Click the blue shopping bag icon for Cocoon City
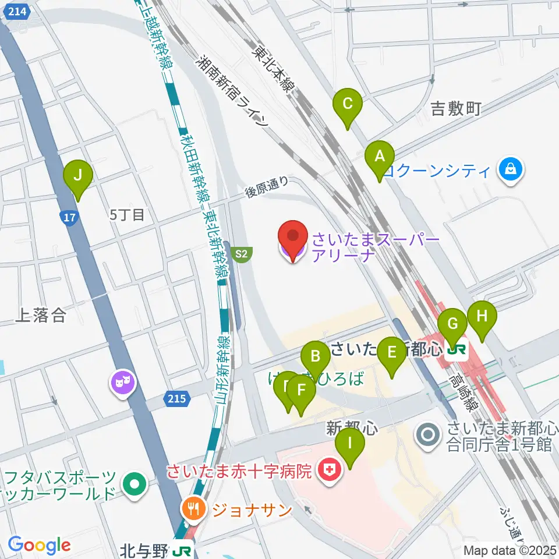coord(510,171)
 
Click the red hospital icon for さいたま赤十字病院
coord(330,470)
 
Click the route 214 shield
coord(18,10)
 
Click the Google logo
coord(40,545)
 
